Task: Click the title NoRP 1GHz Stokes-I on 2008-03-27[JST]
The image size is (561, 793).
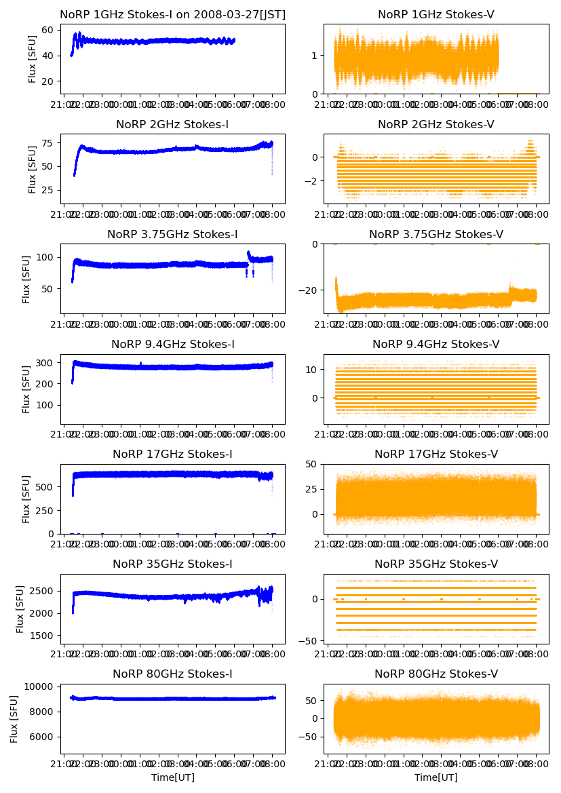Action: coord(172,14)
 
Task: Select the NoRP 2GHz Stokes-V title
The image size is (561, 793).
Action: coord(436,125)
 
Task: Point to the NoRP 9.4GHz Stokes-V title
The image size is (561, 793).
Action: coord(436,345)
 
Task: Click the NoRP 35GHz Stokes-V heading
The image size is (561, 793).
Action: coord(436,564)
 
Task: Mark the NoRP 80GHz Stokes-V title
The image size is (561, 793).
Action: coord(436,674)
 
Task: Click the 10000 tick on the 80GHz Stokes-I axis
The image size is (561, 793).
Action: coord(43,686)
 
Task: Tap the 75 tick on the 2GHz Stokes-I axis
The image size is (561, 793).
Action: coord(50,143)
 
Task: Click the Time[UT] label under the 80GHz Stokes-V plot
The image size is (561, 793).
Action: coord(436,777)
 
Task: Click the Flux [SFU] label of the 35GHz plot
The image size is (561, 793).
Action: coord(21,609)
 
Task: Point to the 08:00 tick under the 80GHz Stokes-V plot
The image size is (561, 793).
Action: coord(537,765)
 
